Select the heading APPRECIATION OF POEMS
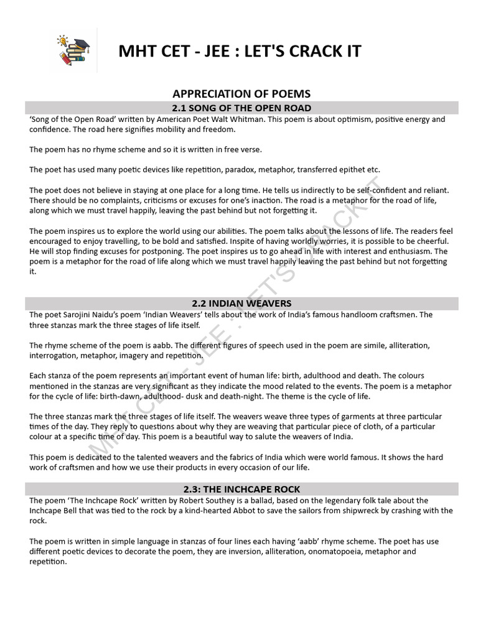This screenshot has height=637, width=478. click(x=241, y=94)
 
